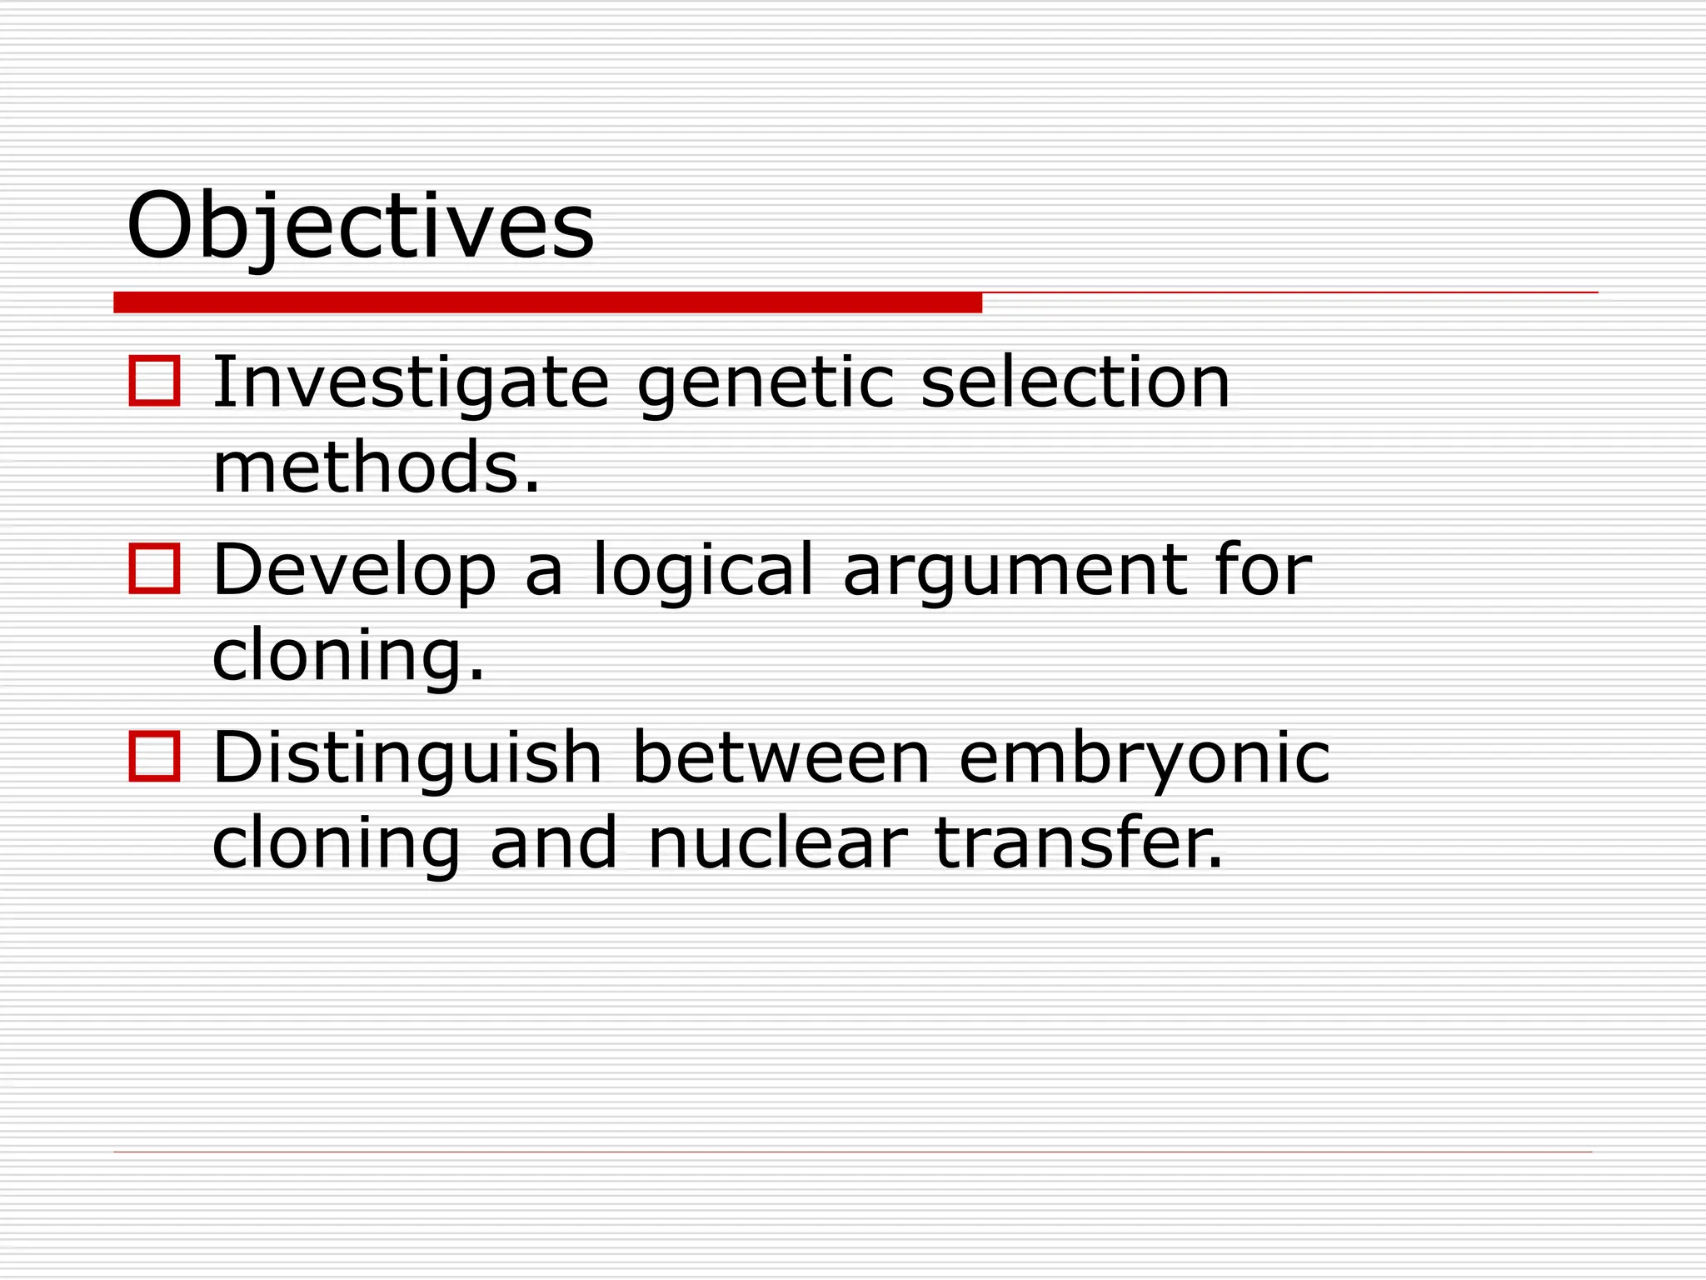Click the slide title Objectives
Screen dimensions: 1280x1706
[360, 226]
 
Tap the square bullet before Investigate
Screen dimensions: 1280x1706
[154, 382]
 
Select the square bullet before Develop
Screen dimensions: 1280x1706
[154, 569]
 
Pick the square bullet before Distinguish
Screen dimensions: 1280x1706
[154, 757]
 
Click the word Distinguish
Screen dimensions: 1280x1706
[407, 758]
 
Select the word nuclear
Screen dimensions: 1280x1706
[776, 843]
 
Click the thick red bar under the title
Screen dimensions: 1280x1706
[547, 302]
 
